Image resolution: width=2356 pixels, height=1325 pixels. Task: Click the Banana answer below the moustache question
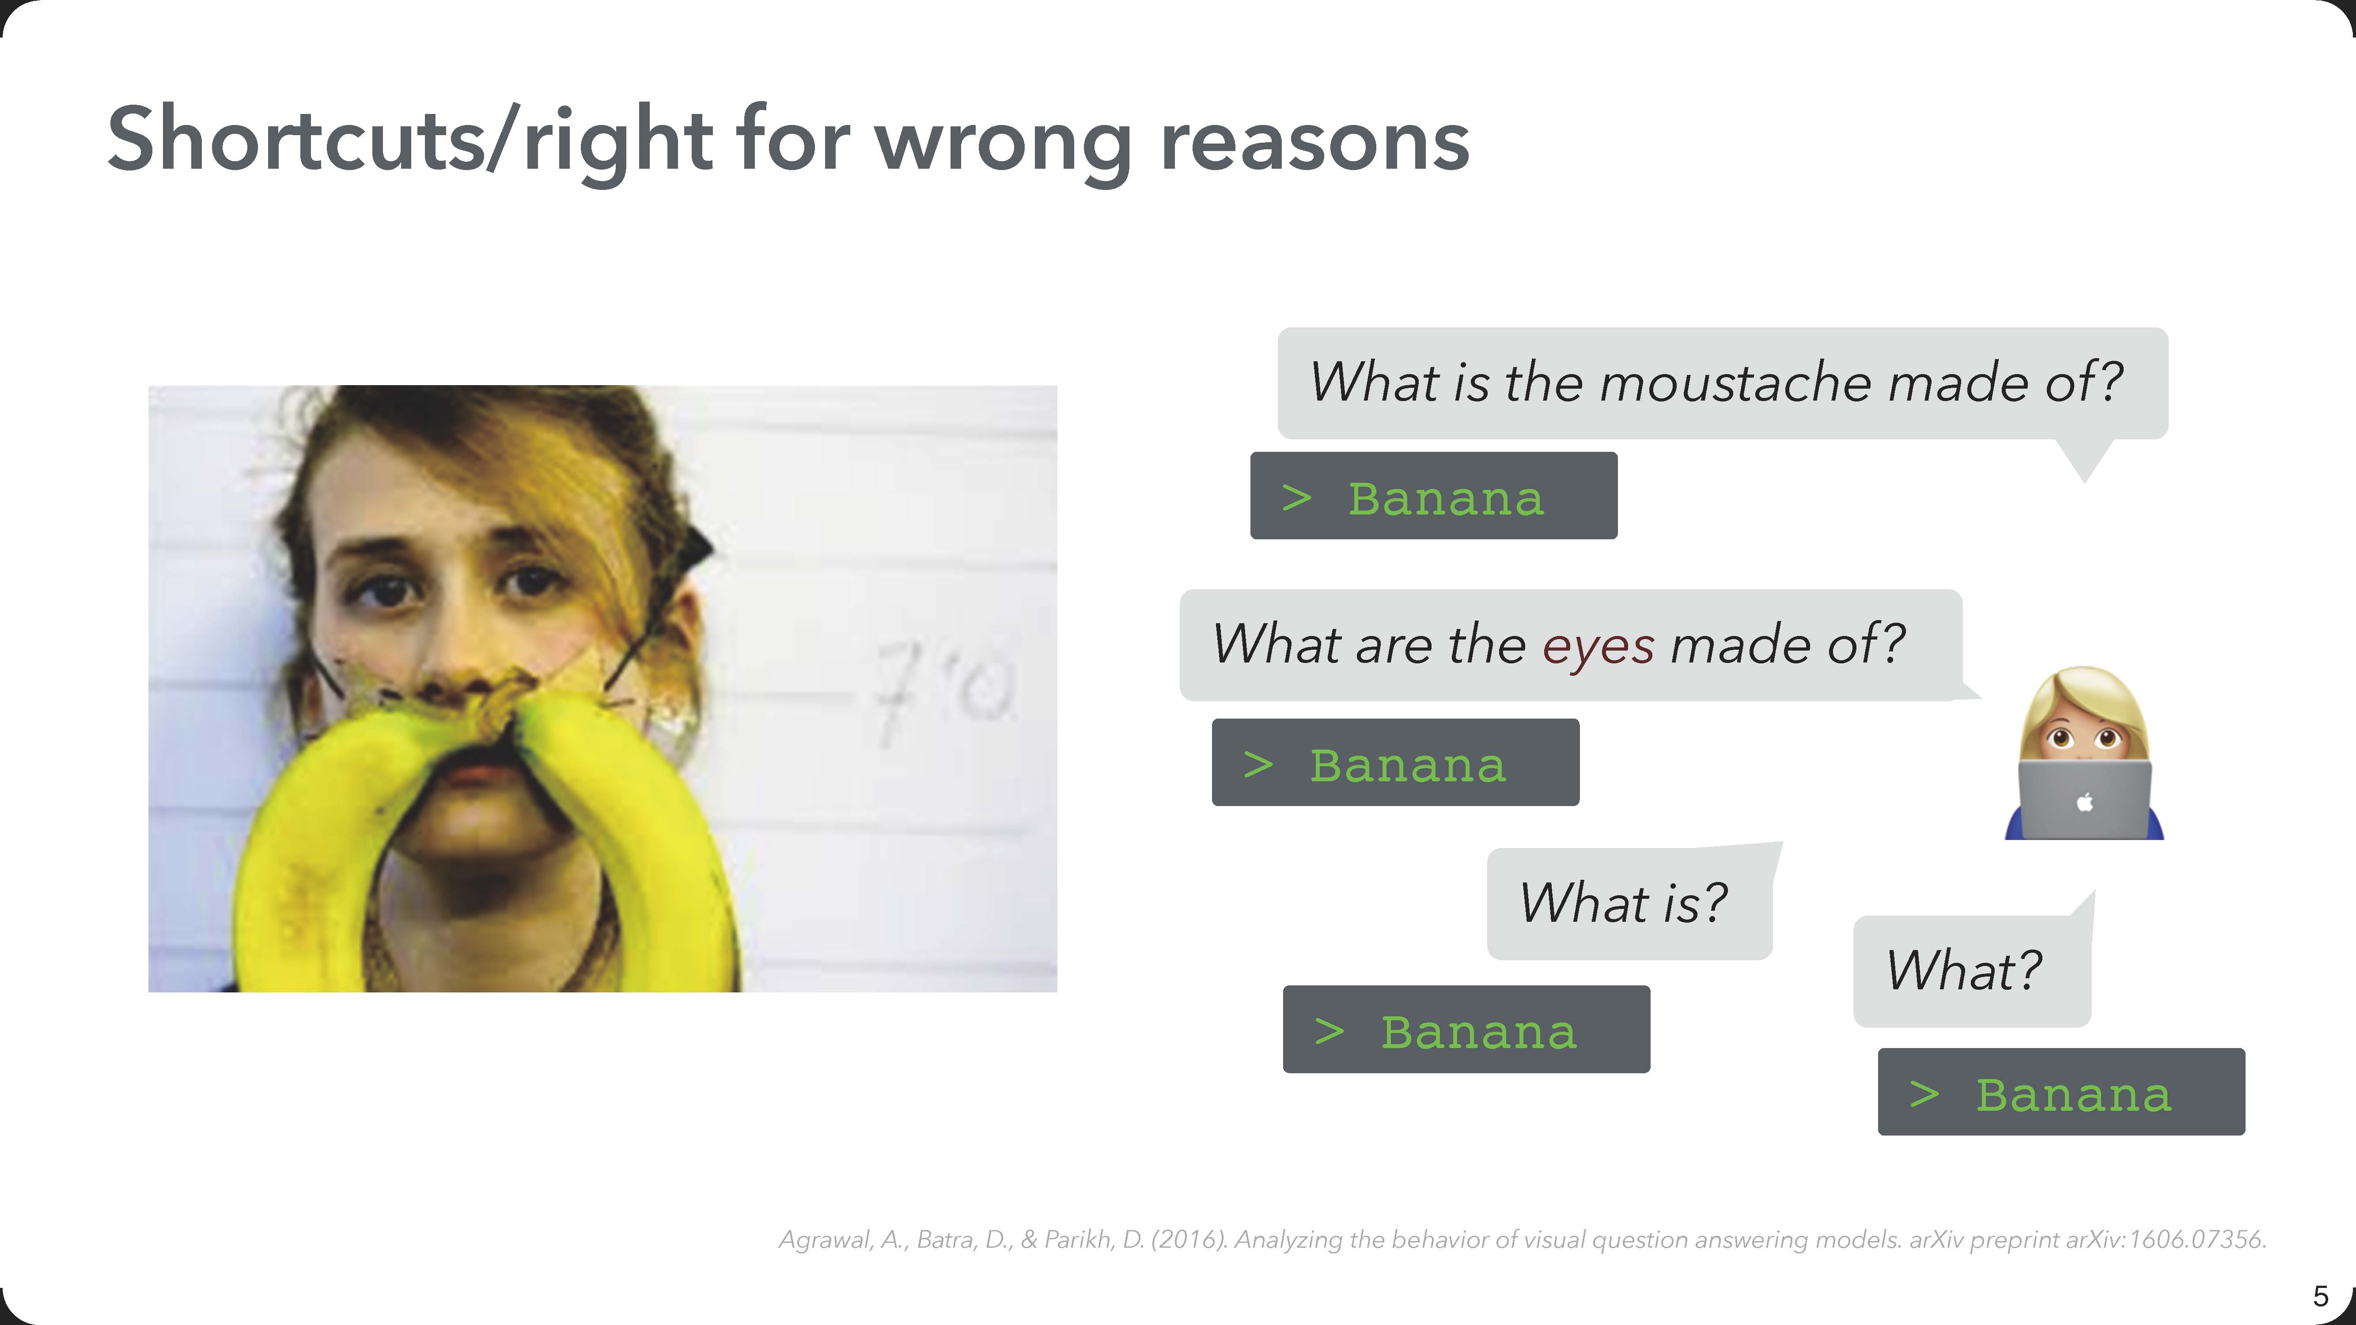1433,496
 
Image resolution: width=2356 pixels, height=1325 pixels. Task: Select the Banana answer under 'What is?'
1466,1030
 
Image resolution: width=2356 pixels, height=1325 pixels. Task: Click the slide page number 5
2320,1296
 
